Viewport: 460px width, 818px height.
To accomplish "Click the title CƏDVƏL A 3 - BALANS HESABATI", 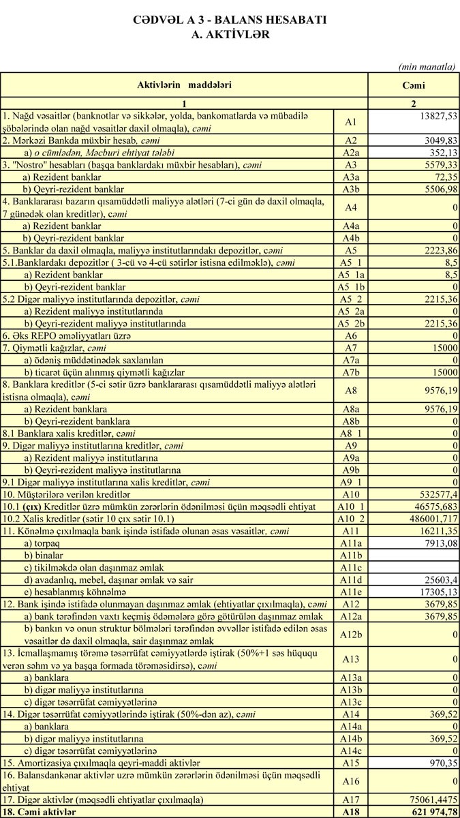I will (x=230, y=20).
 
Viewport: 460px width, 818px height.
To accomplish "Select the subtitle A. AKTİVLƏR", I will (x=230, y=33).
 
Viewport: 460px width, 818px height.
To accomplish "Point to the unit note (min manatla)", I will (x=427, y=66).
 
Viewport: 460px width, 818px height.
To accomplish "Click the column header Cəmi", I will (x=413, y=85).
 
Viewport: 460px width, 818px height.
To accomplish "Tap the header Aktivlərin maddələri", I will (x=184, y=85).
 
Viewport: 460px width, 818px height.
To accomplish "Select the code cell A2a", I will (x=352, y=152).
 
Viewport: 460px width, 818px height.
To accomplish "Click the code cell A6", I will (x=352, y=336).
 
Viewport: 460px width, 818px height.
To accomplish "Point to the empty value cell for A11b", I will (x=413, y=555).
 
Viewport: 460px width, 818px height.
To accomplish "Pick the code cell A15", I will (x=352, y=761).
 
